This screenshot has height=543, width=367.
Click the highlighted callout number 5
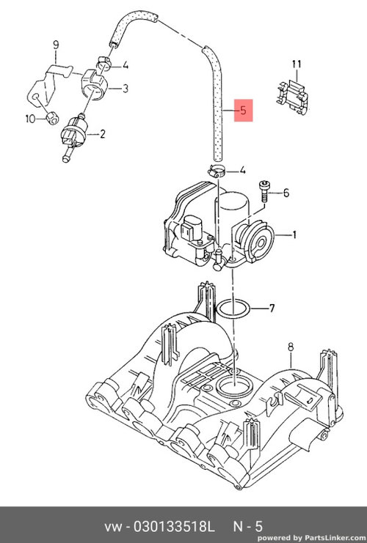[x=243, y=111]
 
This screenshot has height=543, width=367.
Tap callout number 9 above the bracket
[x=56, y=45]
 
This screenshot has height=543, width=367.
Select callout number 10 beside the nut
[x=30, y=119]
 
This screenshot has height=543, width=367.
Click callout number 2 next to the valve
[x=102, y=133]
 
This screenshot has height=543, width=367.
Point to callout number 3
[x=126, y=89]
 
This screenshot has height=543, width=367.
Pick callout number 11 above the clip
[x=297, y=64]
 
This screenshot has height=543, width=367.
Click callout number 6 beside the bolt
[x=286, y=192]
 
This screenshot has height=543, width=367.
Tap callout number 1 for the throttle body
[x=294, y=235]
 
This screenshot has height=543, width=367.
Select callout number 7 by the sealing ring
[x=272, y=308]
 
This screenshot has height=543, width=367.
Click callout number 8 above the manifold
[x=291, y=347]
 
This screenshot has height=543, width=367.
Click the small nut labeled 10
[x=52, y=118]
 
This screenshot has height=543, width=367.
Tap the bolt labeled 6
[x=264, y=191]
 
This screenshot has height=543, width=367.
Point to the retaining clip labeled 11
[x=292, y=97]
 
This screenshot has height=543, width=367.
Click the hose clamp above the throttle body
[x=217, y=171]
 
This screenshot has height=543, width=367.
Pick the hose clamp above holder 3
[x=103, y=62]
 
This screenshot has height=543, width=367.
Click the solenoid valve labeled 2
[x=74, y=136]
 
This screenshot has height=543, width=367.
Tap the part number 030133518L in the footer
[x=175, y=527]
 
